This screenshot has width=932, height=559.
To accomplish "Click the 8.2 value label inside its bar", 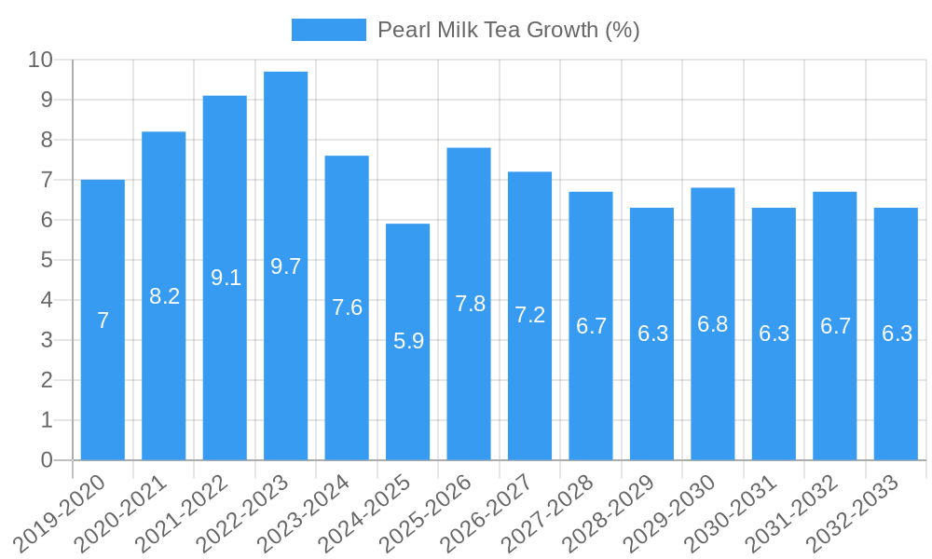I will [x=164, y=296].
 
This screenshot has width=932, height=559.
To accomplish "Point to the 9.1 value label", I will [x=226, y=278].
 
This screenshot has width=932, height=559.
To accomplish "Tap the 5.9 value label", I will [x=408, y=341].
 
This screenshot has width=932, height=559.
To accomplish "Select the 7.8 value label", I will [x=470, y=304].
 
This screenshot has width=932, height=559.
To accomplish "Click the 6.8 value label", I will [x=713, y=324].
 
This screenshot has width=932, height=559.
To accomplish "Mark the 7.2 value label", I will [x=529, y=315].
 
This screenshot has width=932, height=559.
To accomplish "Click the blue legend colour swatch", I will [x=328, y=30].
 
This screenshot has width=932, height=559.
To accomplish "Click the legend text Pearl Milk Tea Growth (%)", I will [x=508, y=30].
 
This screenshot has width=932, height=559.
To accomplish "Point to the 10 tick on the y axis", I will [x=40, y=60].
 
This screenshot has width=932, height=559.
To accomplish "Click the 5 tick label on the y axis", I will [x=47, y=260].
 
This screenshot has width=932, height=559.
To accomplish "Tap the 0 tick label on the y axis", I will [x=47, y=460].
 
